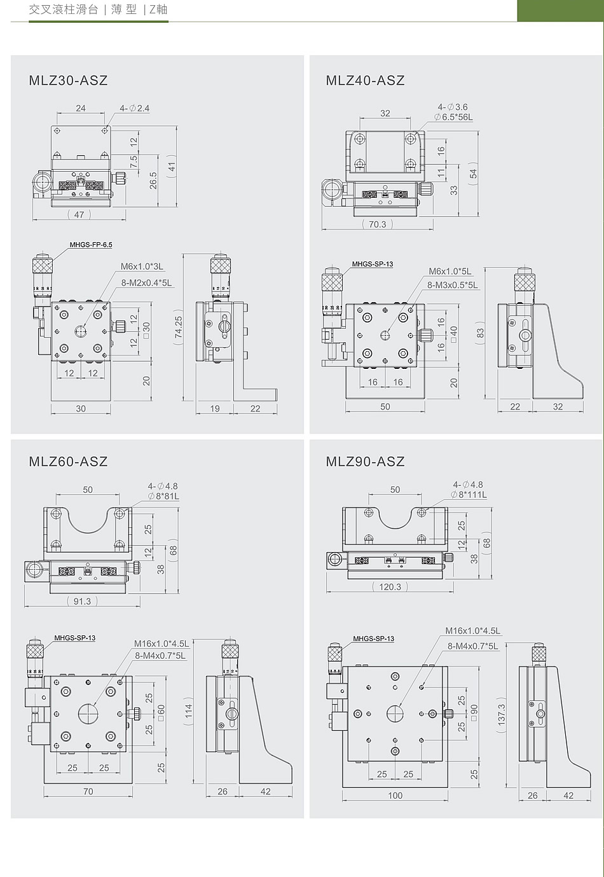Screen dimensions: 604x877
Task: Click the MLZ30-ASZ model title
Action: pyautogui.click(x=68, y=80)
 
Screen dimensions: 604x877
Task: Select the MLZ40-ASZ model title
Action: pyautogui.click(x=365, y=80)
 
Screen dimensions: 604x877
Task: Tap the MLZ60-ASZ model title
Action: pyautogui.click(x=68, y=461)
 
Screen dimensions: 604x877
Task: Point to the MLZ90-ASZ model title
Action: pyautogui.click(x=365, y=461)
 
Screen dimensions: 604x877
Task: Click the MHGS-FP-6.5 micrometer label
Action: pyautogui.click(x=91, y=245)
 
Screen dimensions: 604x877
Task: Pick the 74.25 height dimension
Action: pyautogui.click(x=179, y=327)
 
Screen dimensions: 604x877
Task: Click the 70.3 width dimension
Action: pyautogui.click(x=378, y=224)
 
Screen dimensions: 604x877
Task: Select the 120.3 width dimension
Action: pyautogui.click(x=390, y=586)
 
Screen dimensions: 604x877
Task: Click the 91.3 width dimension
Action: pyautogui.click(x=82, y=601)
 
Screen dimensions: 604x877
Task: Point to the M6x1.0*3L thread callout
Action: pyautogui.click(x=142, y=266)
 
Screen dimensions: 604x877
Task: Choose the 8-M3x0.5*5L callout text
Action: pyautogui.click(x=453, y=285)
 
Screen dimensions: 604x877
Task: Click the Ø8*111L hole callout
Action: pyautogui.click(x=469, y=495)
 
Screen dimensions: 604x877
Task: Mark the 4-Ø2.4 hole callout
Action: pyautogui.click(x=135, y=108)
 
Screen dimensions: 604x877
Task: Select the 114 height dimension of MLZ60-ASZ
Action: pyautogui.click(x=189, y=710)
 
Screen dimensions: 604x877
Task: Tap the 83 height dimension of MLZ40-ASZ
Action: pyautogui.click(x=480, y=333)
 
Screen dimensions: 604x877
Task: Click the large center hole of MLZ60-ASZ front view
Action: pyautogui.click(x=88, y=713)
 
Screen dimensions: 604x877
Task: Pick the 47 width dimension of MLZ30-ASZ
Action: pyautogui.click(x=79, y=214)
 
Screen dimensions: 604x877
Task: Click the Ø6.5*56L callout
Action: pyautogui.click(x=453, y=117)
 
